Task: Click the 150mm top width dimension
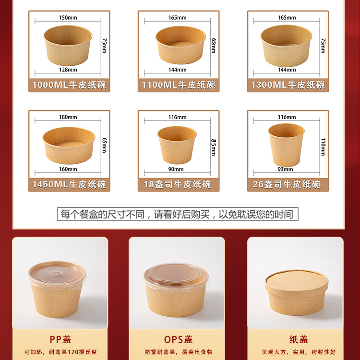point(68,18)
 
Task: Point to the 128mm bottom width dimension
point(68,70)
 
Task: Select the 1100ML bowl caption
point(178,85)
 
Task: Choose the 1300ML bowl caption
point(288,85)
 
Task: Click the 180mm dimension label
point(68,117)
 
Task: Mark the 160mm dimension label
point(68,169)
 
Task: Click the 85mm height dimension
point(214,143)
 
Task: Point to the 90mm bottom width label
point(176,169)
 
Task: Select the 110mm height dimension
point(323,143)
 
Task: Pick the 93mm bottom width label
point(286,169)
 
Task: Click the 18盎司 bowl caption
point(178,184)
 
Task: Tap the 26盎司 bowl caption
point(287,184)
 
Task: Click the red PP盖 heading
point(60,339)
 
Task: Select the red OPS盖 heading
point(178,339)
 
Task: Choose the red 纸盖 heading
point(297,339)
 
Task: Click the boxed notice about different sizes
point(177,214)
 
